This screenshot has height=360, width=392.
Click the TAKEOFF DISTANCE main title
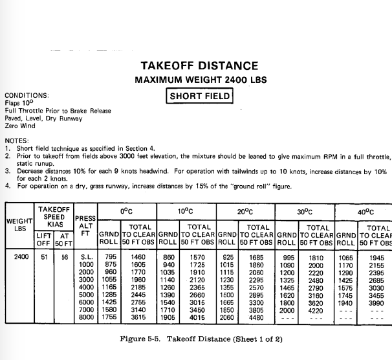point(199,66)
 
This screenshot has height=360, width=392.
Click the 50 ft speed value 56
point(63,256)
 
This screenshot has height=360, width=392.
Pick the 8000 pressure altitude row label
point(86,318)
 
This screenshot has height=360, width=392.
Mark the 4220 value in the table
point(316,310)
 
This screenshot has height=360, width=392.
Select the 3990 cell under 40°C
point(375,302)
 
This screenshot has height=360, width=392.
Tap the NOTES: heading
point(17,141)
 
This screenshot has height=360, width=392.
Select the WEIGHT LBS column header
point(19,225)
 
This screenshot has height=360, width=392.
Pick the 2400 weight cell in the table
point(19,256)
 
